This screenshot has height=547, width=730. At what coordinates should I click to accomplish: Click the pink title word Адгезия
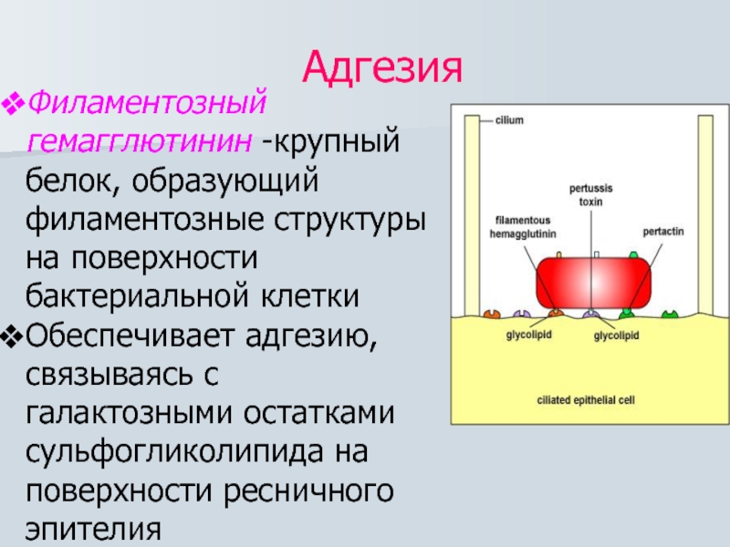coord(382,67)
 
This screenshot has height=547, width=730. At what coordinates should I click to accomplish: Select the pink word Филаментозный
coord(147,102)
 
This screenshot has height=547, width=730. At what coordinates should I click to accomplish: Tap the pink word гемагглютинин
coord(140,140)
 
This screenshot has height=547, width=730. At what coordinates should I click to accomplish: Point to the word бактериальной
coord(137,296)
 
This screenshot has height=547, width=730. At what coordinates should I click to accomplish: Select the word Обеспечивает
coord(130,335)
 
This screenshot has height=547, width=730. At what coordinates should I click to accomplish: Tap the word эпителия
coord(93,530)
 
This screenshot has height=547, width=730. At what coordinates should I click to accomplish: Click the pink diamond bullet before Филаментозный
coord(13,104)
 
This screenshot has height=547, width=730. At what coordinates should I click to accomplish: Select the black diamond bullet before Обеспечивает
coord(13,337)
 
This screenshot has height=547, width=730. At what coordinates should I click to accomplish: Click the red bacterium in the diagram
coord(593,283)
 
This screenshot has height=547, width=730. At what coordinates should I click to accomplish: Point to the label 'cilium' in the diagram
coord(509,120)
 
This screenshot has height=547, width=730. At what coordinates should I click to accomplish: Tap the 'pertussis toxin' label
coord(590,195)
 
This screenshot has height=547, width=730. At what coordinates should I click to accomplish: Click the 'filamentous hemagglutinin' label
coord(523,227)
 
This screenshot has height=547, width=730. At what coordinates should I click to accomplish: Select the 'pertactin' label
coord(663,232)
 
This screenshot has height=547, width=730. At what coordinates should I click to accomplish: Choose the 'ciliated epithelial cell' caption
coord(586,400)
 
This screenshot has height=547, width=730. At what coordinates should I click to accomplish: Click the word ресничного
coord(308,491)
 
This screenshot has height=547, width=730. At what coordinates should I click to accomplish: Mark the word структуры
coord(349,220)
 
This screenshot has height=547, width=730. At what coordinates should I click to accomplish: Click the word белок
coord(73,180)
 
